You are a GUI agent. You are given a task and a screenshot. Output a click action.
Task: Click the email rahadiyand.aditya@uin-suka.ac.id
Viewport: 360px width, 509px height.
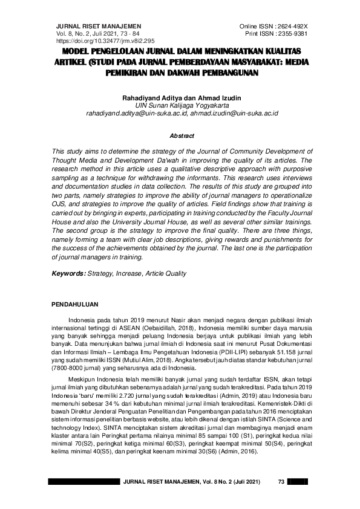tap(137, 112)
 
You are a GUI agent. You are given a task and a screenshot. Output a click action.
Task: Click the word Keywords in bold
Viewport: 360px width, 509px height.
tap(68, 274)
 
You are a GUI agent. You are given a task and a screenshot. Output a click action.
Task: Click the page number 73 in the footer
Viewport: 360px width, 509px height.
tap(280, 481)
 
